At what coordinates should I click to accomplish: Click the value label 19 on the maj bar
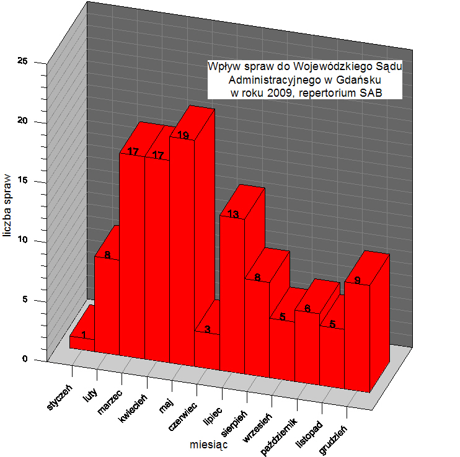pos(183,136)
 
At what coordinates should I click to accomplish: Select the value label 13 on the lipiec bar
pos(233,215)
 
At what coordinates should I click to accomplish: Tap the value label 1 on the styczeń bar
pos(83,335)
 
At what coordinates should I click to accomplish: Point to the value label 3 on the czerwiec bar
pos(208,329)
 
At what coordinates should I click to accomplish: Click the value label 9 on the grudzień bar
pos(358,280)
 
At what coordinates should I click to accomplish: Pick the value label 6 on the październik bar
pos(307,309)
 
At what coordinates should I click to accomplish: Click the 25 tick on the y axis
pos(23,62)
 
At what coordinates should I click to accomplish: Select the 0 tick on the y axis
pos(25,360)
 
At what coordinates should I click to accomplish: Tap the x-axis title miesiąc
pos(208,444)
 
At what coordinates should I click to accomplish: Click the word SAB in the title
pos(371,93)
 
